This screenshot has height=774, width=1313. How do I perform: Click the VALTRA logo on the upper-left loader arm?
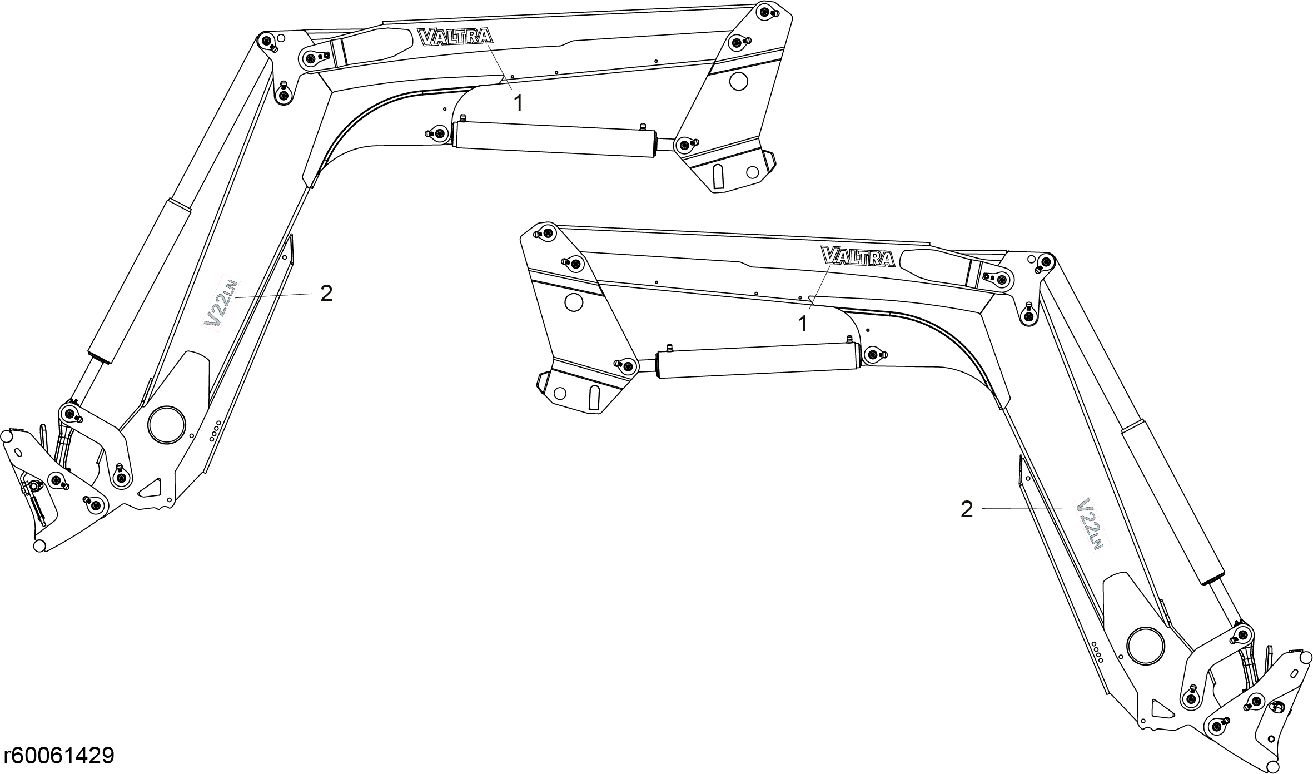point(455,37)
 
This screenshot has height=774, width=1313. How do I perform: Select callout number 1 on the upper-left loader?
point(518,103)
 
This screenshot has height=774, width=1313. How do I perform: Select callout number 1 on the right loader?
point(803,324)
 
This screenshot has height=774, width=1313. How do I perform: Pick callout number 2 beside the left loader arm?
point(326,294)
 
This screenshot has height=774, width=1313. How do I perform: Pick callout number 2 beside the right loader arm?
point(967,509)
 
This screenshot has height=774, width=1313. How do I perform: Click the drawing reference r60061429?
point(59,756)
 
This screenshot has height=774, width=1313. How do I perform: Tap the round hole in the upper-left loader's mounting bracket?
point(739,82)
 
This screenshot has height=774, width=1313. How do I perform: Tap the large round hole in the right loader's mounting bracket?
point(573,302)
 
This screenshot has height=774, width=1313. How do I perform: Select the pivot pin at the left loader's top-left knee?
point(266,41)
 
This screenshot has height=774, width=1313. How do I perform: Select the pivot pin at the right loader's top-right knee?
point(1046,260)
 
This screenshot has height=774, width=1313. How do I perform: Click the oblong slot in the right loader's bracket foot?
point(595,396)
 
